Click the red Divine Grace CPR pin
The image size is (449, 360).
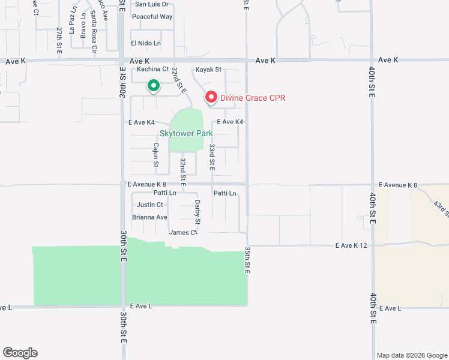(211, 97)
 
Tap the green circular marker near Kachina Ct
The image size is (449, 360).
(153, 86)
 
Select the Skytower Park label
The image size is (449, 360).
(186, 133)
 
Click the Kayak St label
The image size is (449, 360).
(209, 70)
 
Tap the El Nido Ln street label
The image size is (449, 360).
(146, 43)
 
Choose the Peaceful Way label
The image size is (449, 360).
(152, 17)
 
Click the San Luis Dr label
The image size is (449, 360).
(152, 4)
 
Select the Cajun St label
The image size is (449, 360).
(155, 154)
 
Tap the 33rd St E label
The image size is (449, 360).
(212, 155)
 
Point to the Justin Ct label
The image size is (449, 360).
(150, 205)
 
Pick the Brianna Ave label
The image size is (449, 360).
(149, 217)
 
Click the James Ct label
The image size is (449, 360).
(184, 233)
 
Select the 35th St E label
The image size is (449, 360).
(247, 259)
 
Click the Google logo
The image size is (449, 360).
(20, 353)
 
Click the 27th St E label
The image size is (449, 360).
(59, 41)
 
